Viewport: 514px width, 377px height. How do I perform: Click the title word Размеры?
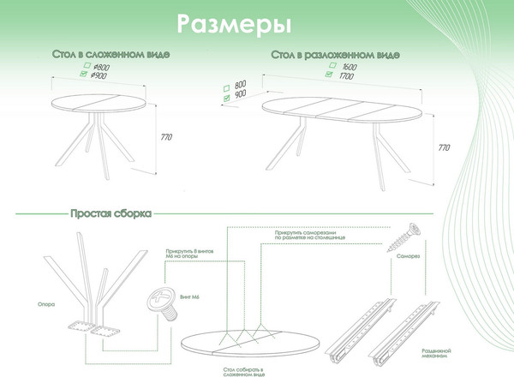click(228, 21)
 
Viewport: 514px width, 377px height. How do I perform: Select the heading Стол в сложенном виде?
click(112, 55)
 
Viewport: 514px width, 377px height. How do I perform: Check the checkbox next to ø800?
click(84, 66)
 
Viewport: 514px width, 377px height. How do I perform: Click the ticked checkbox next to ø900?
click(84, 75)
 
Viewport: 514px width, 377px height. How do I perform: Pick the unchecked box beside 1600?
click(328, 66)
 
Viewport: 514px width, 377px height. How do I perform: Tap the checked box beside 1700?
click(328, 75)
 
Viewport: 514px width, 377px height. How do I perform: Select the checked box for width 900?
click(225, 98)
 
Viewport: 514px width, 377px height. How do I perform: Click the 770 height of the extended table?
click(444, 147)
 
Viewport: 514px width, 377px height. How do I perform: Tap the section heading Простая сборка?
click(111, 212)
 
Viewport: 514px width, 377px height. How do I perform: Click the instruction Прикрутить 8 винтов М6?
click(187, 255)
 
